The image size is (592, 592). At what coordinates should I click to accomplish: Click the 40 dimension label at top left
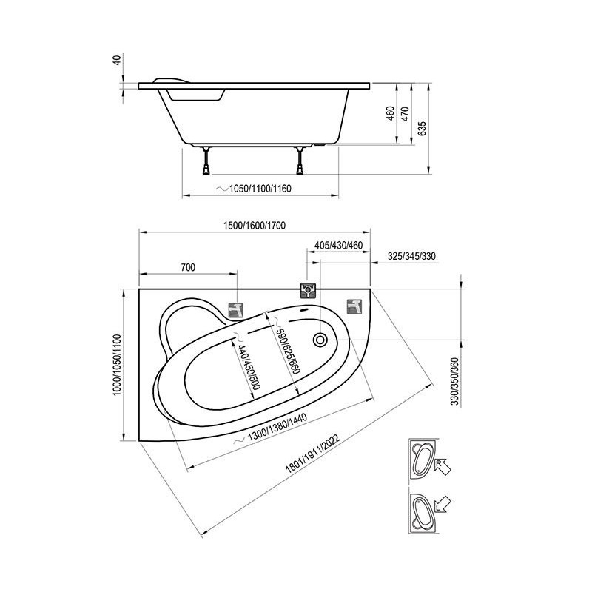pyautogui.click(x=118, y=60)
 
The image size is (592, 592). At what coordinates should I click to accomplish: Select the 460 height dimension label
pyautogui.click(x=391, y=113)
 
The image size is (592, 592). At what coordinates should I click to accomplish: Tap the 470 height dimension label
pyautogui.click(x=404, y=114)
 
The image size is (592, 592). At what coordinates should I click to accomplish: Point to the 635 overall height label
pyautogui.click(x=422, y=128)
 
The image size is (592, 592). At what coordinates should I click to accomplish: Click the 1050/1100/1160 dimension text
pyautogui.click(x=260, y=189)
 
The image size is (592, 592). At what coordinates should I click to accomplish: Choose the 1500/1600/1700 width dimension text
pyautogui.click(x=255, y=226)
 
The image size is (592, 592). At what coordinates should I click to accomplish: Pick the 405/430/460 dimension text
pyautogui.click(x=339, y=246)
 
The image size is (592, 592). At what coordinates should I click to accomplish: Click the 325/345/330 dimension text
pyautogui.click(x=411, y=256)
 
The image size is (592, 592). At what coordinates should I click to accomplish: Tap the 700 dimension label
pyautogui.click(x=188, y=268)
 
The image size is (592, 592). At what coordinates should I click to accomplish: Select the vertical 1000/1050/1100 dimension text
pyautogui.click(x=118, y=365)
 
